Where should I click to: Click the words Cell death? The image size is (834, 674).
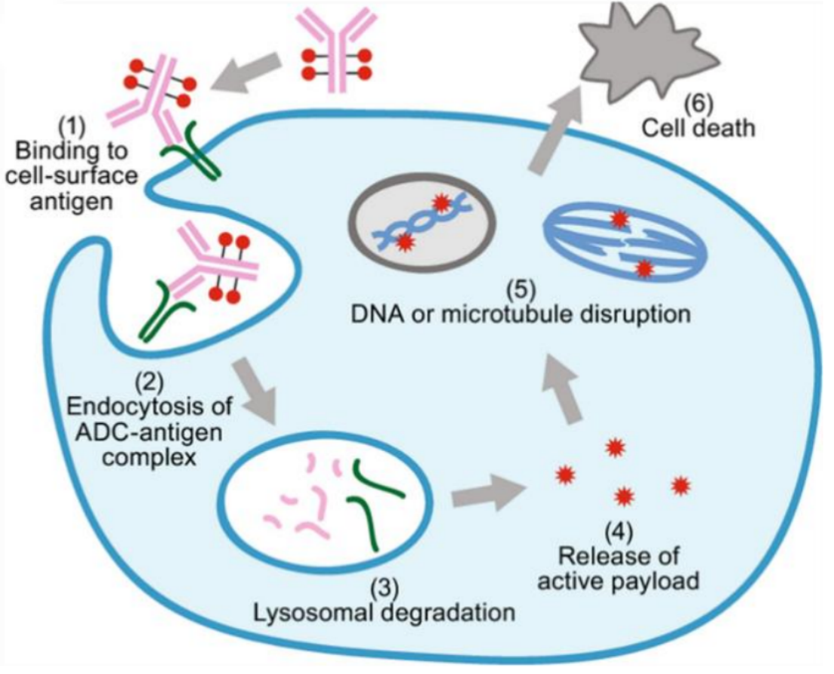(x=698, y=129)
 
